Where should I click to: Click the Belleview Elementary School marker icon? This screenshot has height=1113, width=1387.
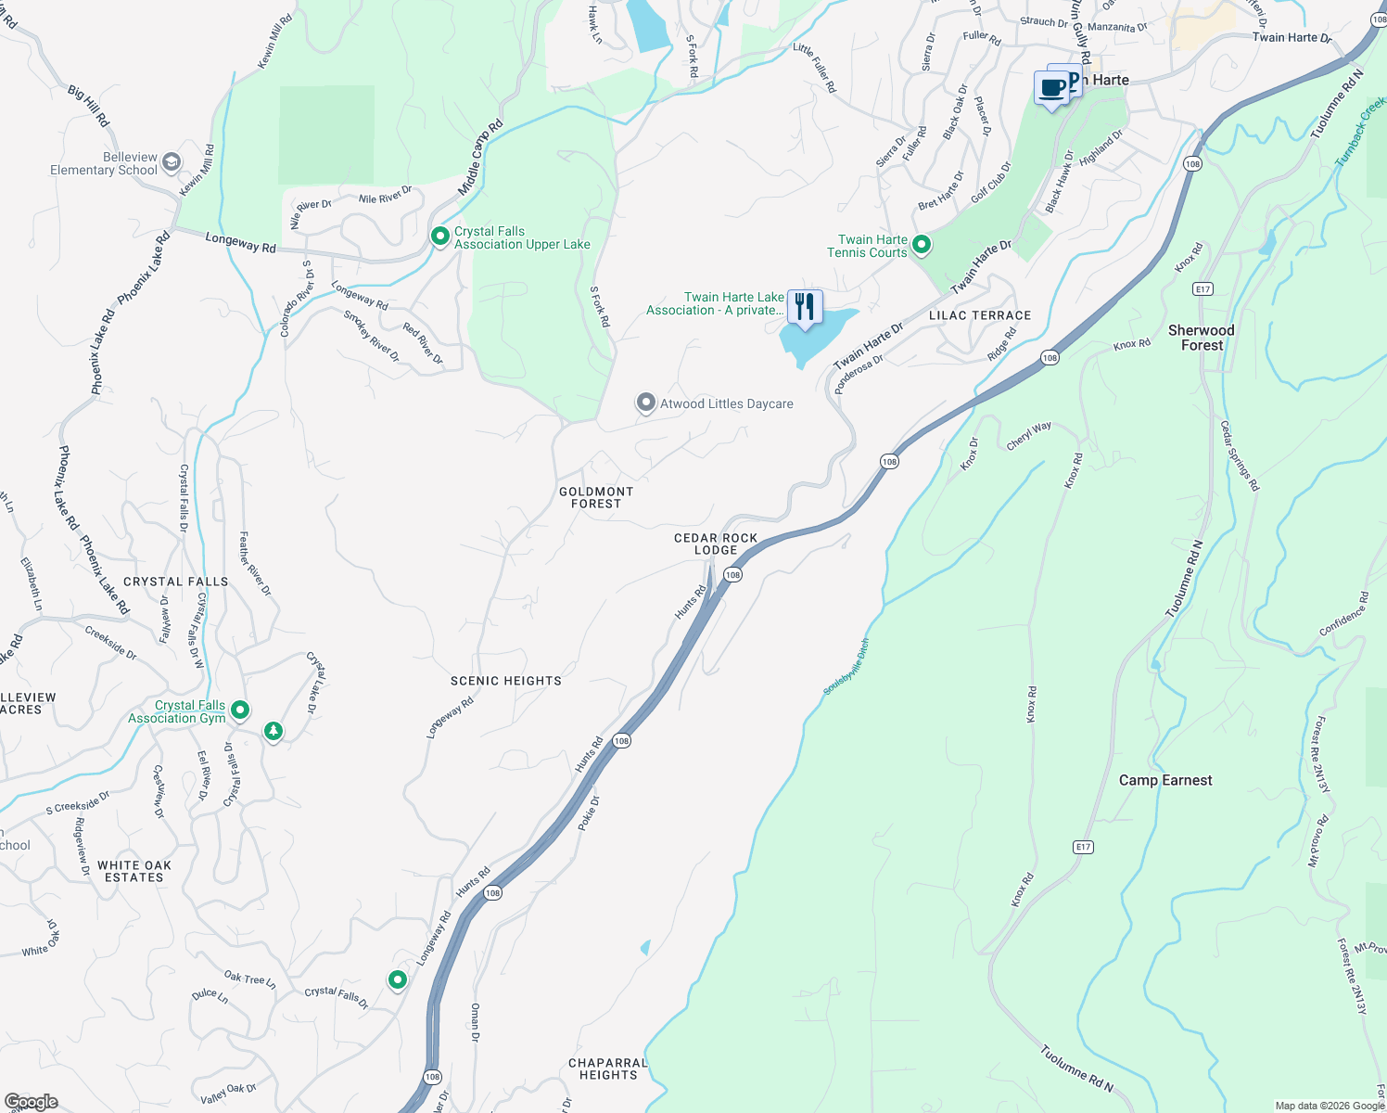tap(171, 162)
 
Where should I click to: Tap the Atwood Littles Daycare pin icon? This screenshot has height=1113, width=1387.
tap(645, 403)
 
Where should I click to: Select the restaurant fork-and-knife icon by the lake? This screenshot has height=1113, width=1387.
tap(805, 307)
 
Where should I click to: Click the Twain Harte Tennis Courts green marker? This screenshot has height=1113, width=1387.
tap(921, 245)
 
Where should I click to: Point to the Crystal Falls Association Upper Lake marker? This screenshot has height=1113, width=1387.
tap(440, 237)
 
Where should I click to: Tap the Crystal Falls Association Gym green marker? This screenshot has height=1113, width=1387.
tap(240, 710)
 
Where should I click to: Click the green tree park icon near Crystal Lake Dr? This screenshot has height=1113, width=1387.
tap(273, 732)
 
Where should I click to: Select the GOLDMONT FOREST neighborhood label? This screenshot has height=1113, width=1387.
tap(596, 498)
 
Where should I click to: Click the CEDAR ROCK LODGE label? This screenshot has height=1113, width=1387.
tap(716, 544)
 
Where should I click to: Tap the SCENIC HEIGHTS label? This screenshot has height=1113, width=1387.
tap(506, 681)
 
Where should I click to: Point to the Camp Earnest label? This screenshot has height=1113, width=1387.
tap(1165, 780)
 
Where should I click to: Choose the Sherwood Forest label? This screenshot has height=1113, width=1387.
tap(1202, 338)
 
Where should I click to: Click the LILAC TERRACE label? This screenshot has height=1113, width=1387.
tap(980, 315)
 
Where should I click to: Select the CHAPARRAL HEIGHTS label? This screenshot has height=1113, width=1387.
tap(608, 1068)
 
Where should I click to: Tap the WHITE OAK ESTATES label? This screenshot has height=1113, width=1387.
tap(134, 871)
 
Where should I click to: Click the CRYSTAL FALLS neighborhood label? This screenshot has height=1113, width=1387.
tap(176, 582)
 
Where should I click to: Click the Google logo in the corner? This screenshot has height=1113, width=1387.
tap(31, 1102)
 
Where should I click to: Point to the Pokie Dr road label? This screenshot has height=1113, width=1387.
tap(589, 813)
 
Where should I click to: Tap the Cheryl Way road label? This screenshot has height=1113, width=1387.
tap(1029, 436)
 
